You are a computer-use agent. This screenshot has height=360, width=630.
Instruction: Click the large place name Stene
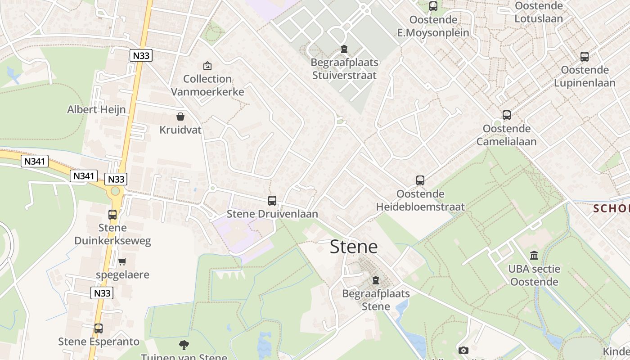354,247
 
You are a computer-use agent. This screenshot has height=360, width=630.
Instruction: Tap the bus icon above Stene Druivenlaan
272,201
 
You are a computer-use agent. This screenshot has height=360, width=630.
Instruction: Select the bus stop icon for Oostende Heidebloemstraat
420,180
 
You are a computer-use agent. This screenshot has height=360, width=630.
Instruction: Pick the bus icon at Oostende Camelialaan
507,115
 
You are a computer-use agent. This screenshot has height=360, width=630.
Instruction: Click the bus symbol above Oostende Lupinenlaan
585,57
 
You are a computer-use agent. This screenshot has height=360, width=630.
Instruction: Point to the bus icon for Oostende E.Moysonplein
433,6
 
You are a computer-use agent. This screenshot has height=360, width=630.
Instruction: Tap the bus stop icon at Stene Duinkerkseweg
112,215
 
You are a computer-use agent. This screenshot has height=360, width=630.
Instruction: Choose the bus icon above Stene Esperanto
99,328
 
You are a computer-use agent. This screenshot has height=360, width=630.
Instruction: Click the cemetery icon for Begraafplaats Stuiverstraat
344,49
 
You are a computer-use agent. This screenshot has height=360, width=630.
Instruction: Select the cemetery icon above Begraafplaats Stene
376,280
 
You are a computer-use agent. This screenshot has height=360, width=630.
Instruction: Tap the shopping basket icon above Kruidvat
180,117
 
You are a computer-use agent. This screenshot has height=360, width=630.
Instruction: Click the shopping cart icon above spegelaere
122,261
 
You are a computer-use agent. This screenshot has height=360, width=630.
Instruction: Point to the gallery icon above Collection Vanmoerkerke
207,66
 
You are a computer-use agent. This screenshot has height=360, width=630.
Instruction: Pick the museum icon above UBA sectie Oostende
534,256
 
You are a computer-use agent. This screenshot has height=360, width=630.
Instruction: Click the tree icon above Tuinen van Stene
184,345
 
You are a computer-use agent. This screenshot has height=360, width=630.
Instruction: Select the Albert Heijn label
96,109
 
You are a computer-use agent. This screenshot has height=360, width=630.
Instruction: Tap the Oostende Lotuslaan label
539,12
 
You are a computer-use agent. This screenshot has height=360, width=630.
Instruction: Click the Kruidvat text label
180,130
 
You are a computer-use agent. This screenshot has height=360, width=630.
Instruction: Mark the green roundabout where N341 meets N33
115,191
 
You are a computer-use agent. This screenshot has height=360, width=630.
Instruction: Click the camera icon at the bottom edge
463,350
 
